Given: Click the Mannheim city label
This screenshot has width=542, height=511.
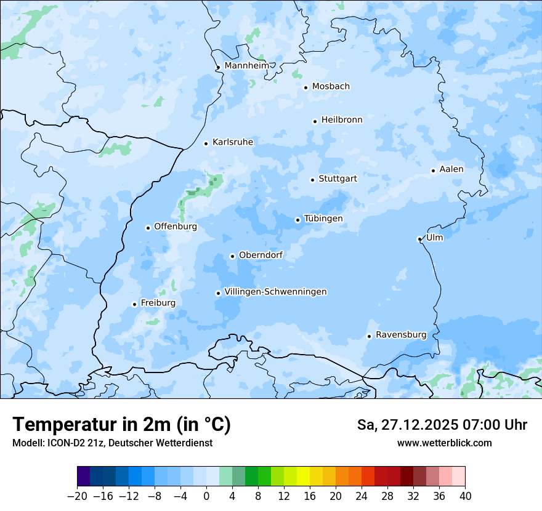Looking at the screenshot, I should coord(247,66).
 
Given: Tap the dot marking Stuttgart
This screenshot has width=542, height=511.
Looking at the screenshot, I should coord(313,180).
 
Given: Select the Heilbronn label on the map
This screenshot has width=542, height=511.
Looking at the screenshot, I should coord(342,120).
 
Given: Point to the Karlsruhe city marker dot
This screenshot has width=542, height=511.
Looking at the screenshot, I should coord(206,143).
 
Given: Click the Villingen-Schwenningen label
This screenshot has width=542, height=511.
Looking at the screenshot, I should coord(276,292).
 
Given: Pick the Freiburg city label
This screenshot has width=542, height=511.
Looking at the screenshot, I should coord(158,303).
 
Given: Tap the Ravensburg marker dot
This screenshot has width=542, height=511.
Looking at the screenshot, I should coord(369,336).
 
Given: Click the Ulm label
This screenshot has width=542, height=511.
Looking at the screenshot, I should coord(435,238).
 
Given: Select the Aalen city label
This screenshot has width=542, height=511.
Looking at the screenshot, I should coord(451,169).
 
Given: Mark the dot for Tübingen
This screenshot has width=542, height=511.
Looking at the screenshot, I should coord(298,220).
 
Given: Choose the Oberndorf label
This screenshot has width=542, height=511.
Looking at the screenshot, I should coord(261,255).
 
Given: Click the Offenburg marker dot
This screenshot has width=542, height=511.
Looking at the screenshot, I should coord(148,228).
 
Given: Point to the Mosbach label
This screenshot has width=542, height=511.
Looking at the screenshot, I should coord(331,87).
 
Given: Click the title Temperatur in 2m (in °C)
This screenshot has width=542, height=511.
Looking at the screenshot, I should coord(122,425).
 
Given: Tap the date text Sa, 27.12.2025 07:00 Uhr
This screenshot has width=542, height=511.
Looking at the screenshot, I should coord(442,425).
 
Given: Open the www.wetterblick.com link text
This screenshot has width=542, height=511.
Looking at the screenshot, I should coord(445,443).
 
